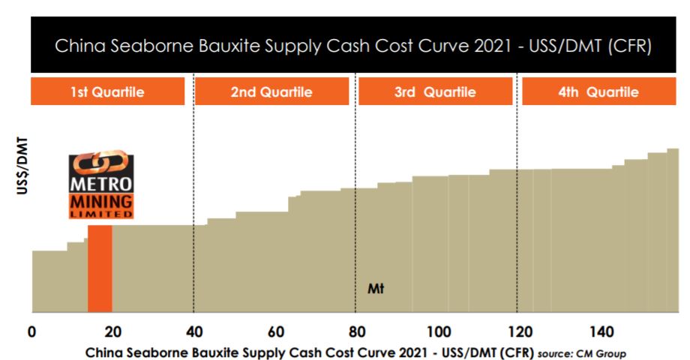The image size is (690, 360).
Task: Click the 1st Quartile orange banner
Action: click(107, 93)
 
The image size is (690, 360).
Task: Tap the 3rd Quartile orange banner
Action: click(434, 93)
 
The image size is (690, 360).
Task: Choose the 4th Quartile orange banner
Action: click(598, 93)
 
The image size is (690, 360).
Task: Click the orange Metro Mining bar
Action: click(100, 268)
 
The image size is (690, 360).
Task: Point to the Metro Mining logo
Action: click(101, 187)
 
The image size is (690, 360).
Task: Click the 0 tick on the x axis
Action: click(31, 331)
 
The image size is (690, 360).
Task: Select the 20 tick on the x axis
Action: click(112, 331)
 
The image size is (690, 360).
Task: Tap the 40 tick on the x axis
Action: click(193, 331)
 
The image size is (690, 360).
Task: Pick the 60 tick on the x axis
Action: click(275, 331)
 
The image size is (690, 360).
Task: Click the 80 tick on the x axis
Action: click(356, 331)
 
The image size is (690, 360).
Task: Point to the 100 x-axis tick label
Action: click(438, 331)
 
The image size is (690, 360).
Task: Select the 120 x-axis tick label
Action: click(519, 331)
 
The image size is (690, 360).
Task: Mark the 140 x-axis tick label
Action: click(601, 331)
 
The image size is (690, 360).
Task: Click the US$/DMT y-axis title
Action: click(22, 167)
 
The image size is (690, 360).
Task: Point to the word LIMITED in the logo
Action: click(101, 214)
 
